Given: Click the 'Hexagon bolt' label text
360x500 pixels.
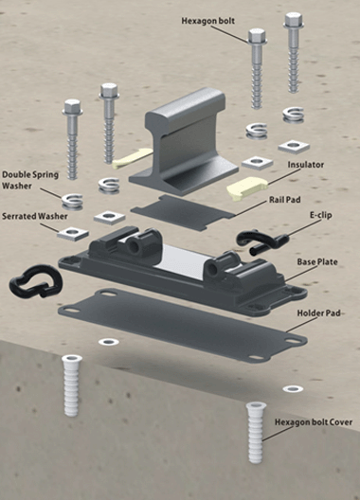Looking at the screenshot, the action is coord(208,21).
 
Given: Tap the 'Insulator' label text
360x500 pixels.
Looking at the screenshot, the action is coord(306,165).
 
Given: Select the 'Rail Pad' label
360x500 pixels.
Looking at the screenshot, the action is coord(284,200).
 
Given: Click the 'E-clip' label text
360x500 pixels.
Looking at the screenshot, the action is coord(321,215).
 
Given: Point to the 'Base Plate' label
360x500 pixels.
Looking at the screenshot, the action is coord(317,261).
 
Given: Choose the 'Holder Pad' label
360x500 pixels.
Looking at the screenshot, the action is coord(318,313).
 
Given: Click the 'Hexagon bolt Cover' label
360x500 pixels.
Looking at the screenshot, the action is coord(314,422).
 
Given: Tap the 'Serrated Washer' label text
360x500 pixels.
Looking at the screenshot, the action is coord(35,216).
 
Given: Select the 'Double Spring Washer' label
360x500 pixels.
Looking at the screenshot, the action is coord(30,180).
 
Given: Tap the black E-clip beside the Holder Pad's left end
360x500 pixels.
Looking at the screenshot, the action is coord(36,281).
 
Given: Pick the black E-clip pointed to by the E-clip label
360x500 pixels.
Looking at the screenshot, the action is coord(262,242).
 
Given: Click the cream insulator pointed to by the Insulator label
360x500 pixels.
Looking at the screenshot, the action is coord(247,188).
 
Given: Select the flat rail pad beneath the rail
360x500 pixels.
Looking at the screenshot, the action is coord(183,212).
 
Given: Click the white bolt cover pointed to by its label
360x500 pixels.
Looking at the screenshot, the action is coord(256,433).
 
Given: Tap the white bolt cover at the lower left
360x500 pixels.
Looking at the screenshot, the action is coord(71,385).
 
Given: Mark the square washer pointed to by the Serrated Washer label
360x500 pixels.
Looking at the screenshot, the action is coord(73,234).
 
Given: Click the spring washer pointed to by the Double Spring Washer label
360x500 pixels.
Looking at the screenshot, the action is coord(72,202).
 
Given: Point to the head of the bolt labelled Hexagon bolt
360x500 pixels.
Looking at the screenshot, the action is coord(257,37).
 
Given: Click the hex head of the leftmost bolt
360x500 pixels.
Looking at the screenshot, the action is coord(72,107).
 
